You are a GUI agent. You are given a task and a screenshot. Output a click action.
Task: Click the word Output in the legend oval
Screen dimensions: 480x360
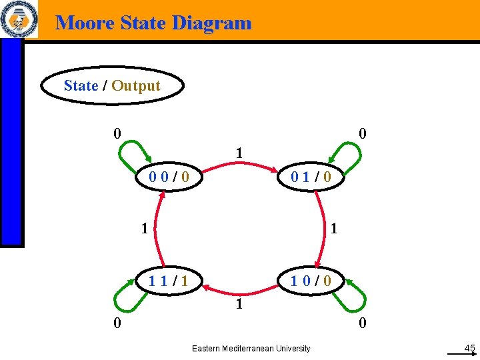(136, 86)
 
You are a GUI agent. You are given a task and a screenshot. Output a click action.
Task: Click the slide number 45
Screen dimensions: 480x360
(469, 348)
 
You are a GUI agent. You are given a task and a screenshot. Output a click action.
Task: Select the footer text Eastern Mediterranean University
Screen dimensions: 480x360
(251, 348)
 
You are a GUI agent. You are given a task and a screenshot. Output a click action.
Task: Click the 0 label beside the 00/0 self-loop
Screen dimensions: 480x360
(117, 133)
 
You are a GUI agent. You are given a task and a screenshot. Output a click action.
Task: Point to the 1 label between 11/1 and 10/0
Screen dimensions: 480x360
(237, 306)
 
